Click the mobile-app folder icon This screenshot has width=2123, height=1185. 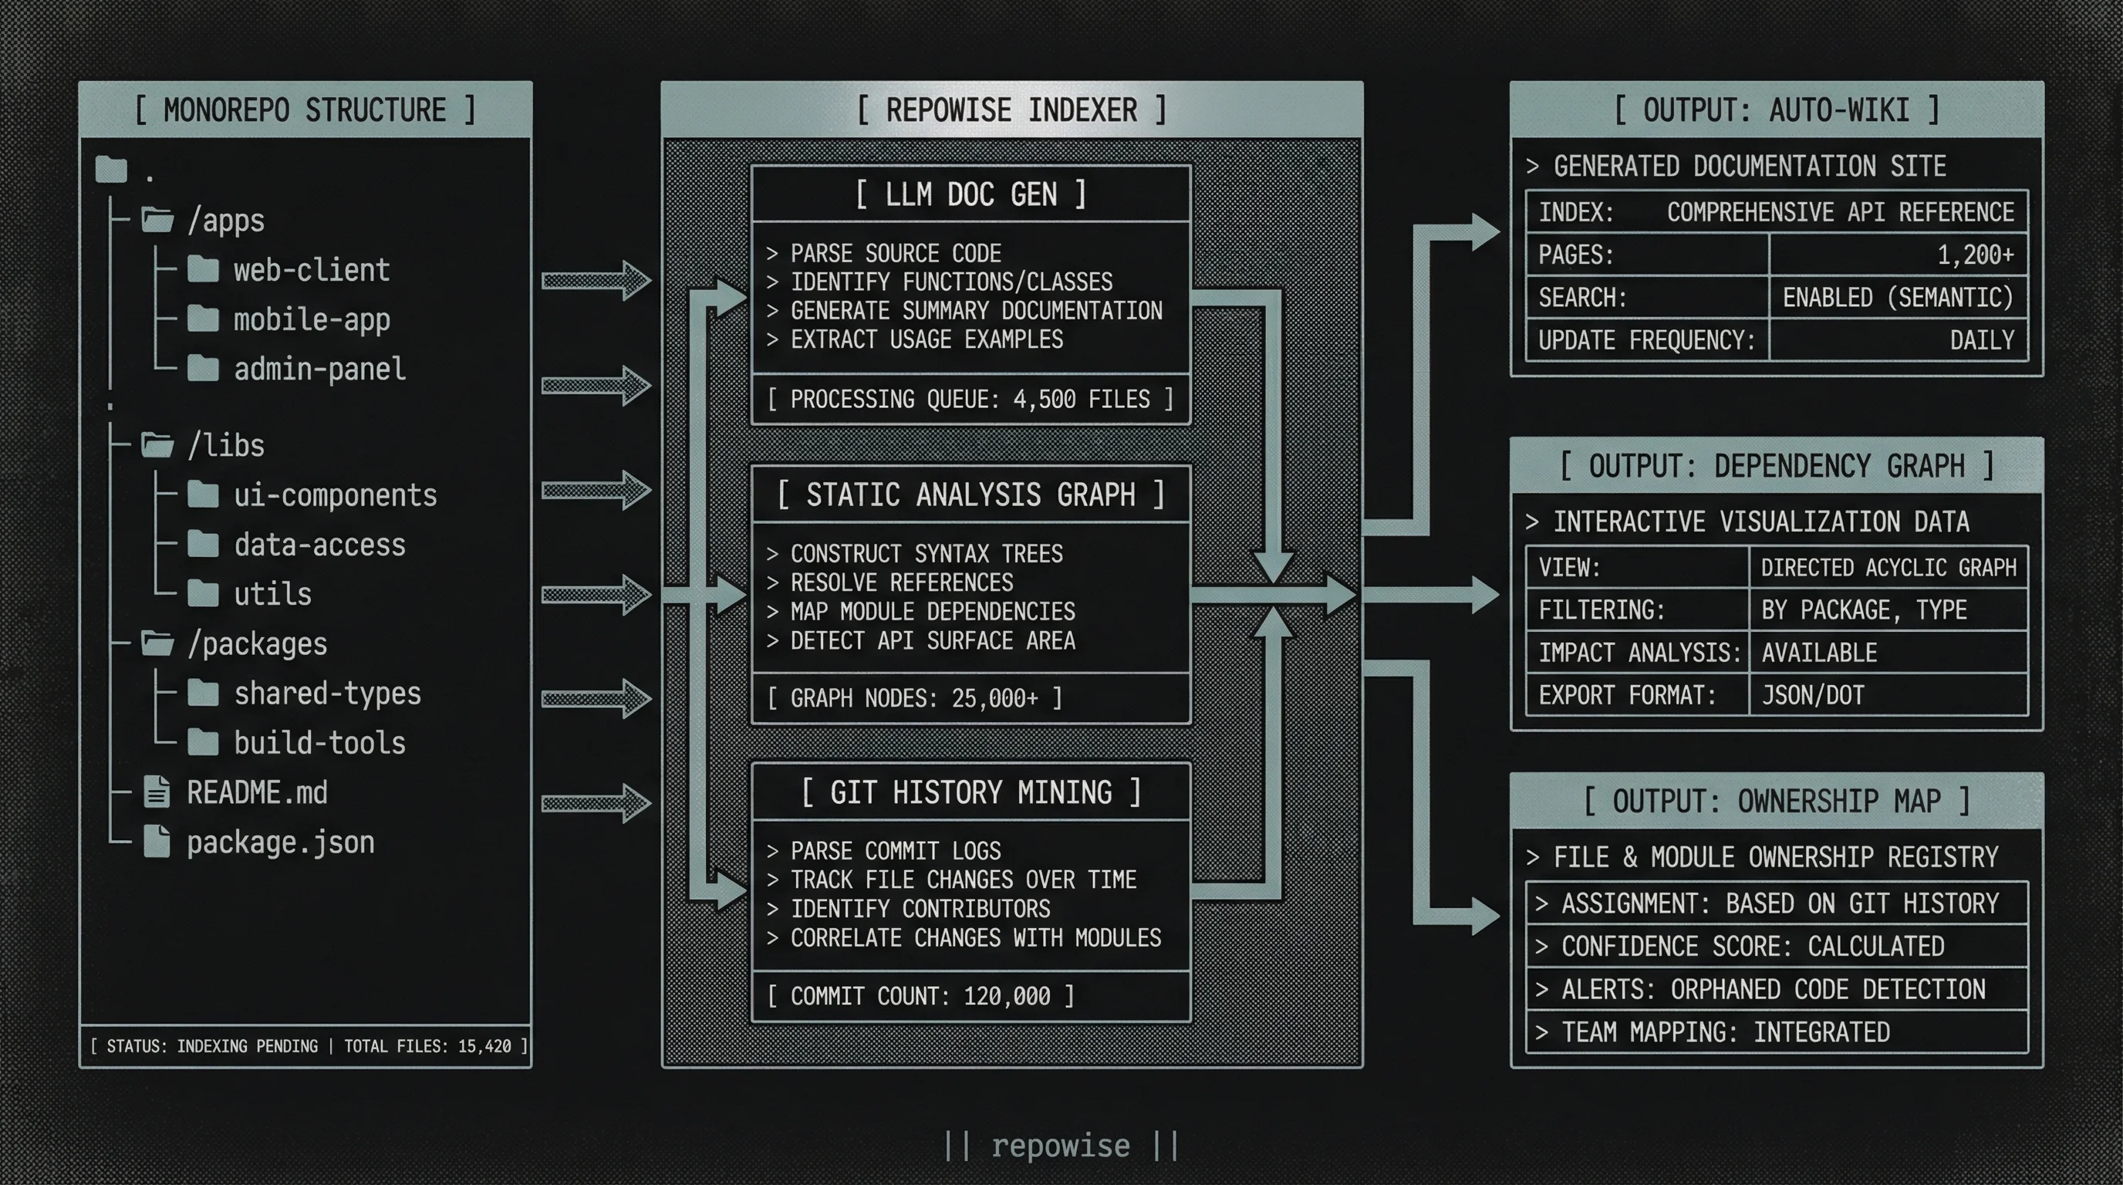coord(203,318)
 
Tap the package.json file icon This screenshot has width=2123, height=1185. coord(157,842)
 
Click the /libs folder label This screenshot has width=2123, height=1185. coord(226,446)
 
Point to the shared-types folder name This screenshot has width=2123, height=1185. coord(327,694)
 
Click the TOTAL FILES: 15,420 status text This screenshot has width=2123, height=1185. coord(427,1045)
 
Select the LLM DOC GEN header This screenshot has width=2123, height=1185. coord(970,195)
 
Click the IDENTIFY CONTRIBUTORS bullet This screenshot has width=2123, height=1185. coord(919,909)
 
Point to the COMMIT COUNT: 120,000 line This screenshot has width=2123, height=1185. coord(920,996)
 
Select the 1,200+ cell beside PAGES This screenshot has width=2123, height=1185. coord(1897,255)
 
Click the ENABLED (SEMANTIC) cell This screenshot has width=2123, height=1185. coord(1897,298)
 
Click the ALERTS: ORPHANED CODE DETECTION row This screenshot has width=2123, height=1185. coord(1774,989)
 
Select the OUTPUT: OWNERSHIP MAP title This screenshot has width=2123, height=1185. coord(1776,801)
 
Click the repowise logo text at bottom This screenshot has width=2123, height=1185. coord(1061,1146)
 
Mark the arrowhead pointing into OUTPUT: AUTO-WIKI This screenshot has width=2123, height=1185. coord(1483,231)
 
